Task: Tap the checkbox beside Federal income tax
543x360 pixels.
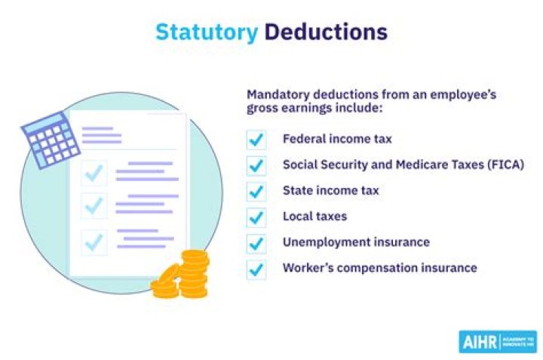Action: coord(256,140)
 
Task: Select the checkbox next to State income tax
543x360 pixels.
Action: coord(256,191)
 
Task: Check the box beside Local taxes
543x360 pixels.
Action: coord(256,217)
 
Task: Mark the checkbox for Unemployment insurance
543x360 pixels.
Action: coord(256,243)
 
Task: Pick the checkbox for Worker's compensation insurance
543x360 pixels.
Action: coord(256,269)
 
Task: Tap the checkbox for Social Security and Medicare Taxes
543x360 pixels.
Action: coord(256,165)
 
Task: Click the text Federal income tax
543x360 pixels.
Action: coord(337,139)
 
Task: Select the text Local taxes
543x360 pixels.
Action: coord(314,217)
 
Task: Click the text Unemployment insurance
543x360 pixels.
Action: coord(356,242)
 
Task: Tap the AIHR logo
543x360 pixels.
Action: coord(497,341)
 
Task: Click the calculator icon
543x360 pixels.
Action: coord(51,140)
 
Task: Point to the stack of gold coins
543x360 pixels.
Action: coord(183,275)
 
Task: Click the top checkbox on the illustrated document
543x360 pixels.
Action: coord(94,174)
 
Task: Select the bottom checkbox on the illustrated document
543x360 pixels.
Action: coord(94,242)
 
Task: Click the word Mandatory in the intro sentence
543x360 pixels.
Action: coord(275,95)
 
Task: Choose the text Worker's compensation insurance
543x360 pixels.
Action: coord(379,268)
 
